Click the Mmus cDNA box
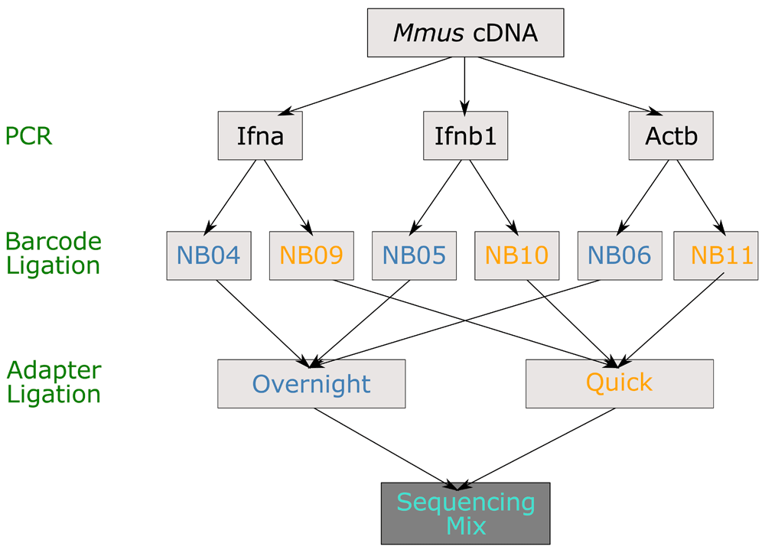(x=465, y=33)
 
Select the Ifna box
(x=260, y=135)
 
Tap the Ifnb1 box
(x=465, y=135)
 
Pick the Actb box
(x=671, y=135)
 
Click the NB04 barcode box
(x=209, y=255)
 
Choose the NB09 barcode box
(x=312, y=255)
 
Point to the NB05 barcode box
(x=414, y=255)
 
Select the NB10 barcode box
(x=517, y=255)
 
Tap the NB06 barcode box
(x=620, y=255)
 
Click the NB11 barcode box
(x=716, y=255)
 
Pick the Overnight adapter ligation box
(x=311, y=384)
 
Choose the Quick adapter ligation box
(x=620, y=384)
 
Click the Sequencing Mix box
(x=465, y=513)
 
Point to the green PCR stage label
(x=28, y=135)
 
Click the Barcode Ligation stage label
(x=54, y=253)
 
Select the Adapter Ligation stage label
(x=54, y=382)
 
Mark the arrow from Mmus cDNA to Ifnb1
(x=464, y=86)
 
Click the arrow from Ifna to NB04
(x=229, y=197)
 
